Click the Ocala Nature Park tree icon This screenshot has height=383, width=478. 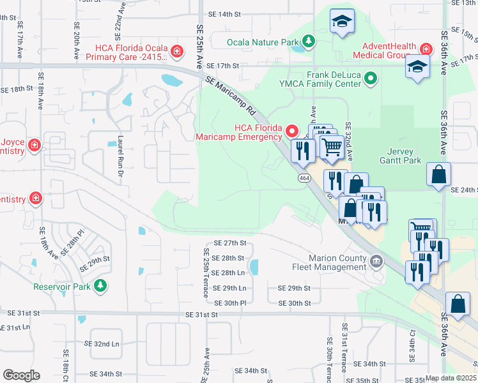click(x=309, y=43)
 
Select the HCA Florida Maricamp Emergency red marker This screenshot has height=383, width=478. click(x=293, y=131)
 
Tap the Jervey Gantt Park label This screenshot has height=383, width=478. click(x=404, y=156)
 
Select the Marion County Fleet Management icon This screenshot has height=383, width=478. click(x=376, y=261)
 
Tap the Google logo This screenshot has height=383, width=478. click(x=22, y=375)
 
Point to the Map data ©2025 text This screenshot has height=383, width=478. click(x=451, y=378)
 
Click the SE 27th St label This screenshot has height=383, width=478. click(x=230, y=243)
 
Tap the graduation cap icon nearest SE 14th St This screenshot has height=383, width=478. click(x=342, y=22)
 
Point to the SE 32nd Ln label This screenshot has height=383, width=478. click(x=106, y=344)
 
